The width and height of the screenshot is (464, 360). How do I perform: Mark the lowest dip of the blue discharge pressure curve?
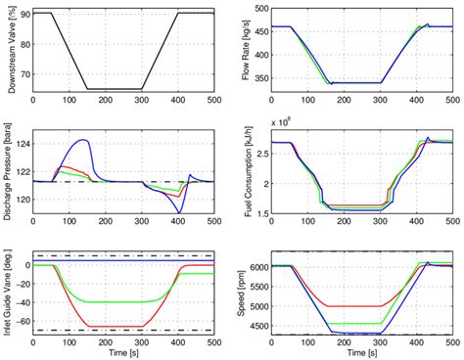pos(178,212)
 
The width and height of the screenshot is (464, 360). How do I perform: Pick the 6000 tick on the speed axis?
pos(255,266)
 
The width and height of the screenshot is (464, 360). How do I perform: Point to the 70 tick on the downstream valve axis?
pos(25,75)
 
